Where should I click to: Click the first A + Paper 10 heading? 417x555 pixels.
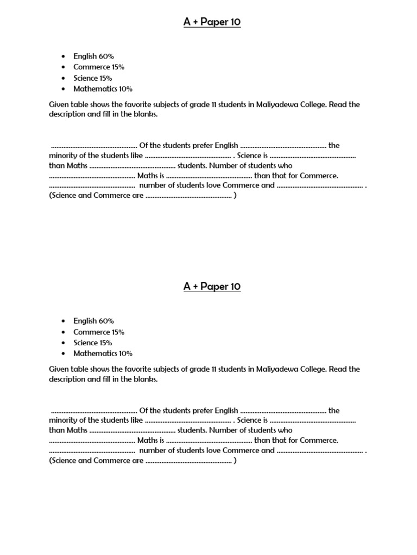(212, 22)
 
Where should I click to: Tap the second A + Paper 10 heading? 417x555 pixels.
(212, 286)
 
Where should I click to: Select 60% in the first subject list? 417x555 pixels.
(106, 56)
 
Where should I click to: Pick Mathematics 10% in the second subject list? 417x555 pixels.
(103, 353)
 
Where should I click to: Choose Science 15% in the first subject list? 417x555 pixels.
(93, 78)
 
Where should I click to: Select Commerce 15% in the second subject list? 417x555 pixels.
(99, 332)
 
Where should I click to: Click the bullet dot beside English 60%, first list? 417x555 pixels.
(64, 56)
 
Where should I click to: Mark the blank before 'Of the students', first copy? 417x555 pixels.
(94, 146)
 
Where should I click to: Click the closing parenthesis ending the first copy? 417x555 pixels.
(235, 196)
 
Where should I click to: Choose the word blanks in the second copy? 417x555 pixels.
(146, 379)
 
